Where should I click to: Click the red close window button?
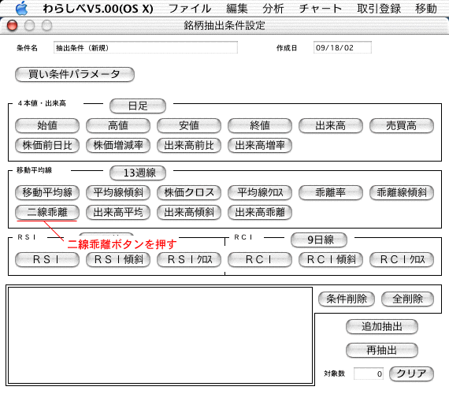[12, 25]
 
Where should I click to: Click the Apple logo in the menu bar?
[22, 8]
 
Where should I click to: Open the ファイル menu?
[190, 9]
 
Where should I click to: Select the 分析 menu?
[273, 9]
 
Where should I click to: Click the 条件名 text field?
[146, 47]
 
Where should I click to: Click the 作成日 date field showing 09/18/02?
[343, 47]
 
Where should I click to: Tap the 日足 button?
[138, 106]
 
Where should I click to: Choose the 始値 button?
[47, 125]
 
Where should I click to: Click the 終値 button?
[260, 125]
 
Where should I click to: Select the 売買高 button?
[402, 125]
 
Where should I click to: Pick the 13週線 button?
[138, 173]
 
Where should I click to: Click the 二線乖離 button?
[47, 212]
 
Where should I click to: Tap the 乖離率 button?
[331, 192]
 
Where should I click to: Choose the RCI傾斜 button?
[331, 259]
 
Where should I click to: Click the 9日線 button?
[319, 240]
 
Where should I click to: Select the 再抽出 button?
[382, 350]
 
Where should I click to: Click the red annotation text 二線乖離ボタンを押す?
[122, 244]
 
